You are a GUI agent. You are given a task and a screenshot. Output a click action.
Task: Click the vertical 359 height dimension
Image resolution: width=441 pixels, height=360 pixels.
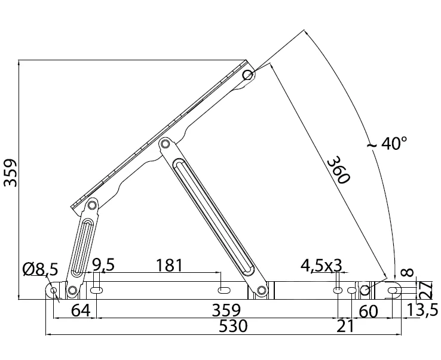10,173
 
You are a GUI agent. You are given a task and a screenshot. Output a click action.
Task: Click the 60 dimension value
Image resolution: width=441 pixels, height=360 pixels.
369,310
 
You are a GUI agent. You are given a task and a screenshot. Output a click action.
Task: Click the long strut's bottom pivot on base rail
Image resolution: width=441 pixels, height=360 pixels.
261,291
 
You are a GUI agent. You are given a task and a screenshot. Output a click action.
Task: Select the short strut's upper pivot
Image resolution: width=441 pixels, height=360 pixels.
92,206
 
